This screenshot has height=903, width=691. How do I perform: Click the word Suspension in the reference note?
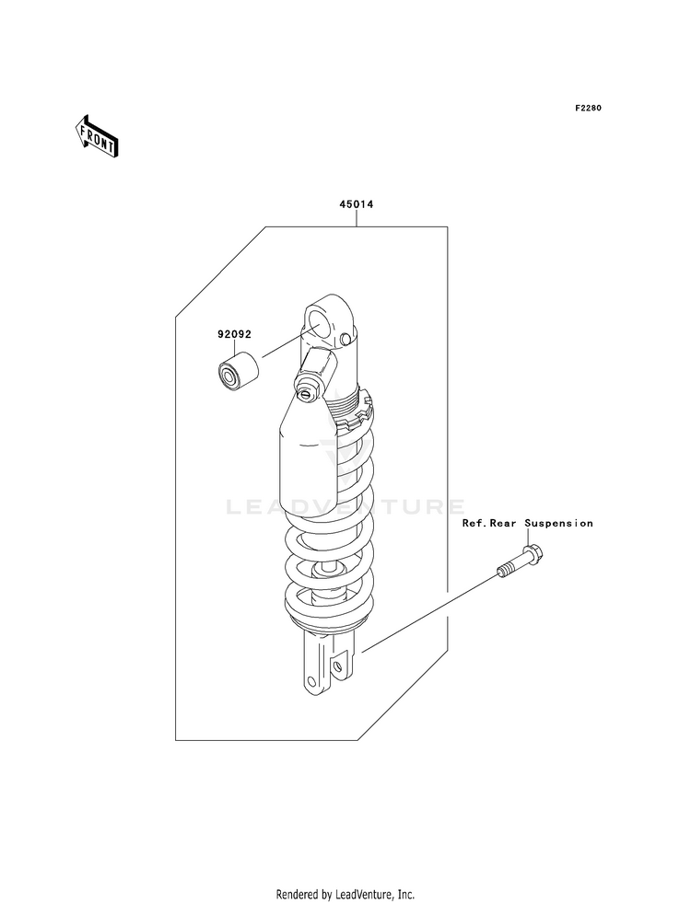(x=559, y=523)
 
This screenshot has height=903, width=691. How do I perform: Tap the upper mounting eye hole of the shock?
(x=320, y=325)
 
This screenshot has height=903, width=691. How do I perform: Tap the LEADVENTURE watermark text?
(x=345, y=506)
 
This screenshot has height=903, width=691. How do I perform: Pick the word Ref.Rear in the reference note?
(x=491, y=523)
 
